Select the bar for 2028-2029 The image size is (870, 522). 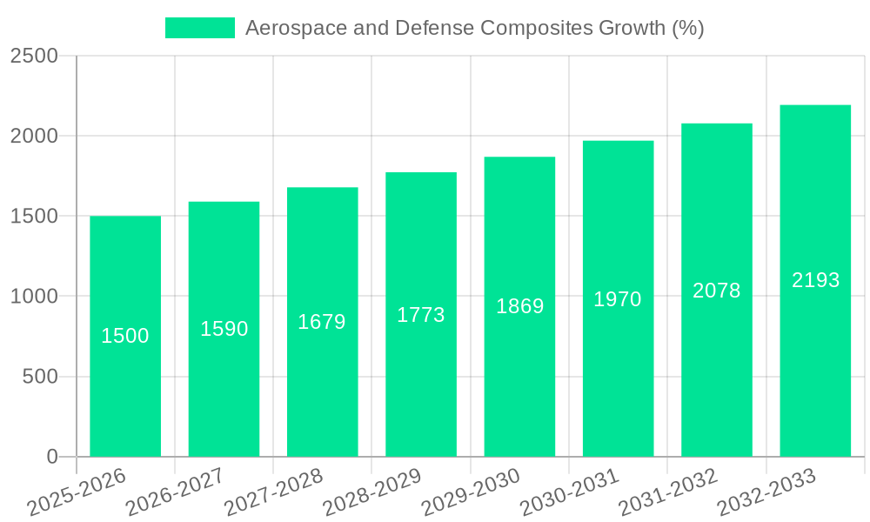click(x=421, y=383)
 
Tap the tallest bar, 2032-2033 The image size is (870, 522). click(x=815, y=365)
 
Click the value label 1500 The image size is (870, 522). click(x=125, y=336)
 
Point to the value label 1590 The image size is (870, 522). click(x=224, y=329)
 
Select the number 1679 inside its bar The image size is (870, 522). click(x=322, y=322)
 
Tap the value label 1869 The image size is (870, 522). click(x=519, y=306)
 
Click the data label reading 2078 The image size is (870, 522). click(x=717, y=291)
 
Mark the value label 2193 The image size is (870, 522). click(x=815, y=280)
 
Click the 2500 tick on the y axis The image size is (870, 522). click(x=34, y=57)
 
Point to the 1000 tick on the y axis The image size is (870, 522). click(x=34, y=297)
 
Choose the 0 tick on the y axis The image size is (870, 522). click(x=51, y=457)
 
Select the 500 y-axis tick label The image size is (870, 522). click(x=39, y=377)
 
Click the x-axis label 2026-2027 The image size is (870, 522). click(x=175, y=492)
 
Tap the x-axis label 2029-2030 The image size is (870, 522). click(x=471, y=492)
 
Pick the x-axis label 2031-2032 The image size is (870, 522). click(x=668, y=492)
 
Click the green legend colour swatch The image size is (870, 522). click(x=200, y=28)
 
